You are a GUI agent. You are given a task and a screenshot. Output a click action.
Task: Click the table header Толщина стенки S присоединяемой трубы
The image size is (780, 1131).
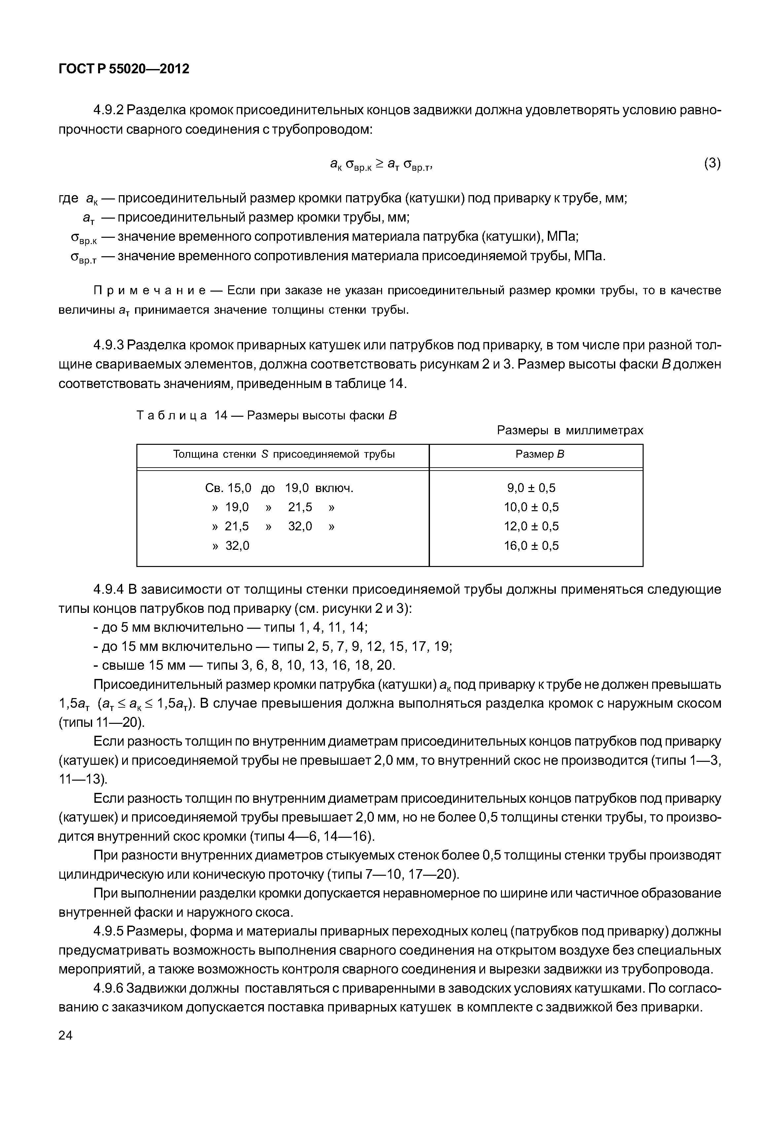click(x=283, y=455)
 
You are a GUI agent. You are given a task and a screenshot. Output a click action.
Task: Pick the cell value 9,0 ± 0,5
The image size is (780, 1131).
click(x=531, y=488)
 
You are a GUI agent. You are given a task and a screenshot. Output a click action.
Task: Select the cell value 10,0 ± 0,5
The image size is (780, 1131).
click(x=531, y=507)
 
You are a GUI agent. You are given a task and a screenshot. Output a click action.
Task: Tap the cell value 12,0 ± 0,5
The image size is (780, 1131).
click(x=531, y=526)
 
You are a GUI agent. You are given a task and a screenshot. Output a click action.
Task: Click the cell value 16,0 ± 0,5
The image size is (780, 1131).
click(x=531, y=546)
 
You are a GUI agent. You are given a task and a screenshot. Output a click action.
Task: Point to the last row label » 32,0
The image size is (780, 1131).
click(x=231, y=546)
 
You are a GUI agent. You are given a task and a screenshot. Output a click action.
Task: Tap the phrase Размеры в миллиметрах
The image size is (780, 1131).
click(x=570, y=430)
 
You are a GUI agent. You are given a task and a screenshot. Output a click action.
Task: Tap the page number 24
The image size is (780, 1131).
click(x=65, y=1035)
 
